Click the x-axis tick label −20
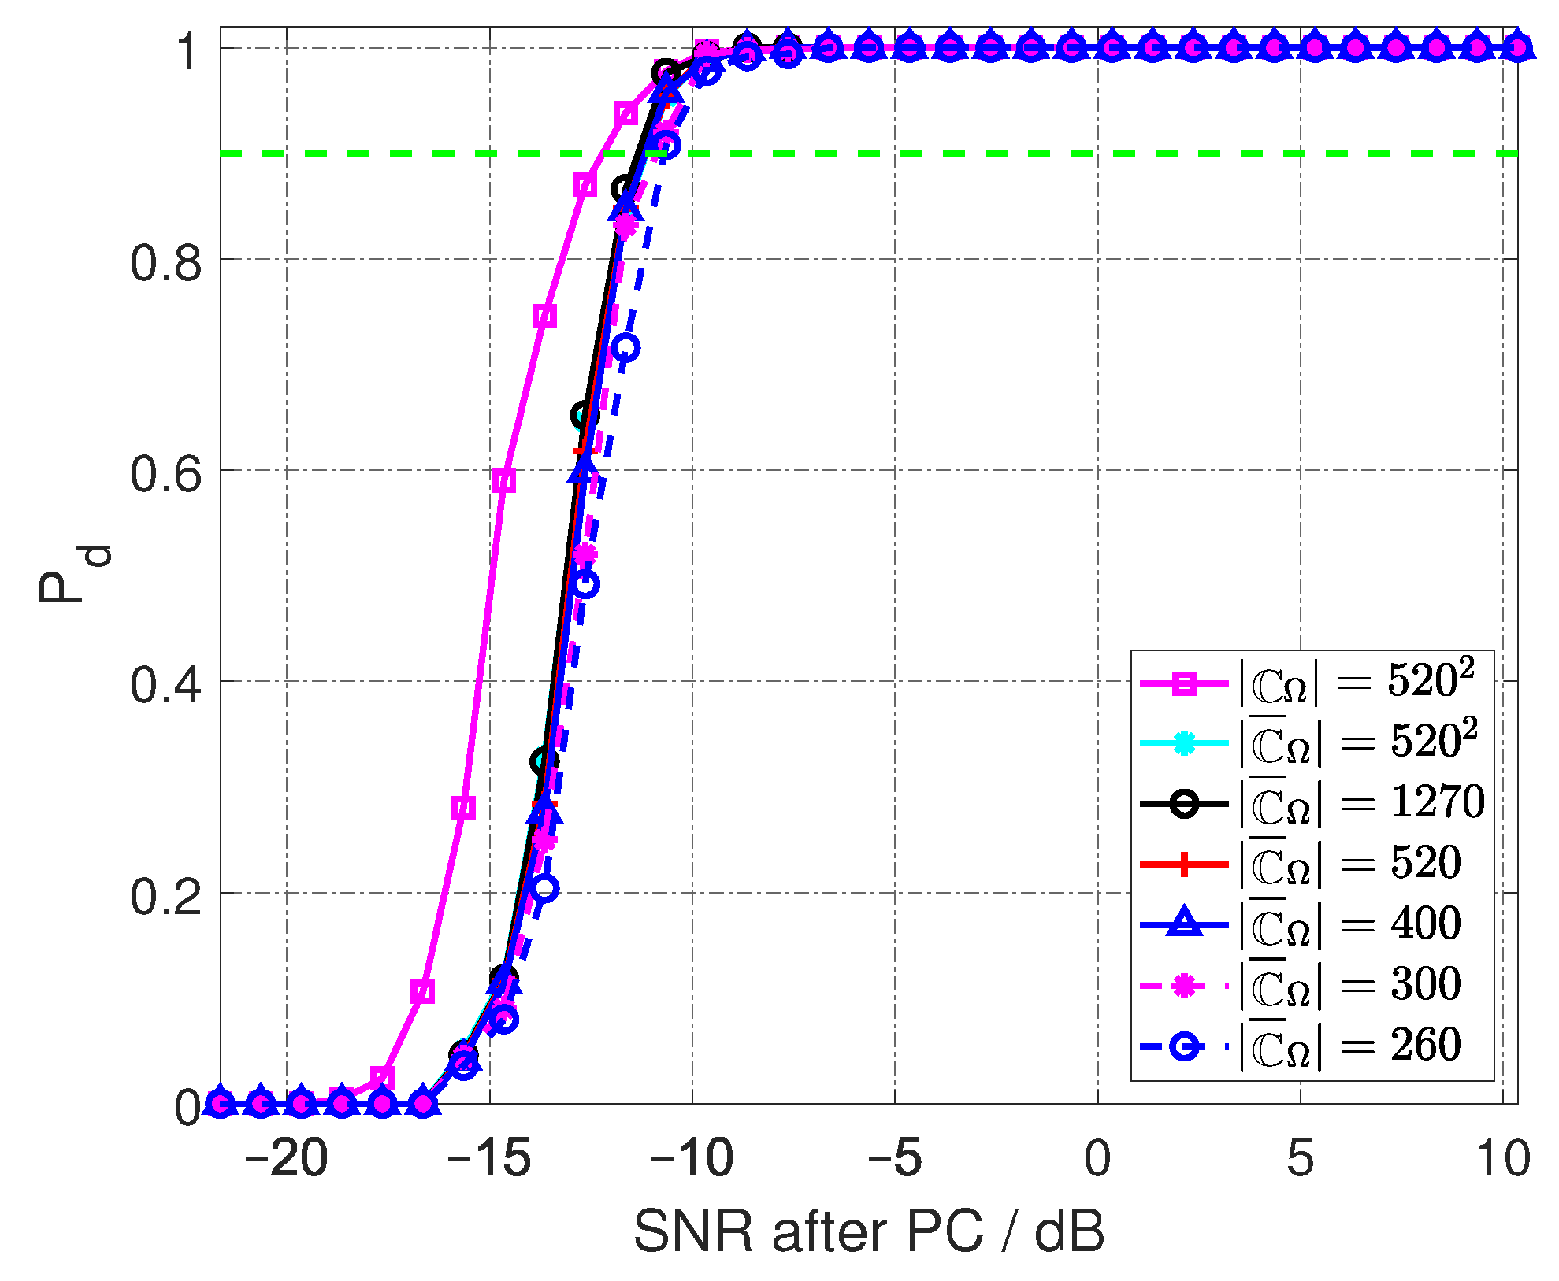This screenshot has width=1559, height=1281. click(x=285, y=1159)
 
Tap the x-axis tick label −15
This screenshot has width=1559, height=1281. click(x=488, y=1159)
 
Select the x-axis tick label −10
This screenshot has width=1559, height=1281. click(x=692, y=1159)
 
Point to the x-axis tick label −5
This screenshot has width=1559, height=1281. click(x=894, y=1159)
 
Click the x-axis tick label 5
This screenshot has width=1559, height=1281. click(x=1300, y=1159)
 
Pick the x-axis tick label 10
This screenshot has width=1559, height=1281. click(x=1502, y=1159)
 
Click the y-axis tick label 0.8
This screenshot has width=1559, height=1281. click(x=165, y=262)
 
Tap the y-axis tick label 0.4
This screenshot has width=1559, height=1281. click(x=165, y=684)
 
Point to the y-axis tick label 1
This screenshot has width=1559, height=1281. click(x=189, y=52)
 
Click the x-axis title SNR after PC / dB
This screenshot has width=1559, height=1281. click(x=869, y=1231)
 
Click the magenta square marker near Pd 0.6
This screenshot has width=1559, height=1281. click(x=503, y=481)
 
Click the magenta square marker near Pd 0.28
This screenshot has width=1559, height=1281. click(x=464, y=808)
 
